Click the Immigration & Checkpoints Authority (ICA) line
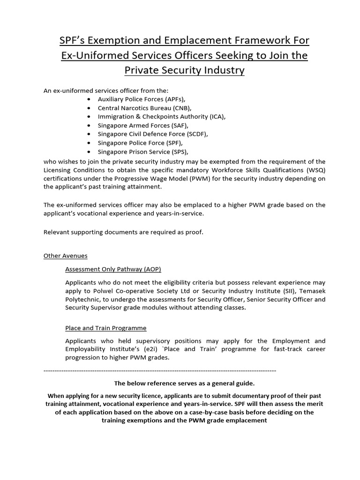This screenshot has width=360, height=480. click(x=162, y=116)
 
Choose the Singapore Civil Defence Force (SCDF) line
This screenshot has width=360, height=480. click(x=152, y=134)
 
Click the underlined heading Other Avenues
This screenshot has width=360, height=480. click(x=66, y=256)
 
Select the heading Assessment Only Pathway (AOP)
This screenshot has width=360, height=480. click(x=113, y=269)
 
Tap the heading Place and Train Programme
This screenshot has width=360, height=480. click(x=106, y=328)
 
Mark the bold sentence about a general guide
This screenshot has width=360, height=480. click(x=184, y=383)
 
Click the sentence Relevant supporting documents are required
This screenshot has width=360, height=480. click(x=123, y=232)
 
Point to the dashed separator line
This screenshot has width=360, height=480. click(x=159, y=371)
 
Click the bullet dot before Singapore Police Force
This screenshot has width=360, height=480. click(x=90, y=143)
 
